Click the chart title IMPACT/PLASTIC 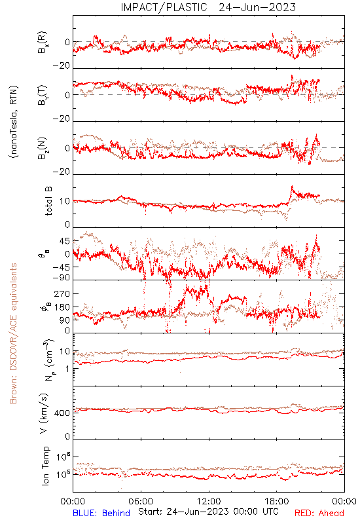tap(164, 7)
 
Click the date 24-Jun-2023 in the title tap(257, 7)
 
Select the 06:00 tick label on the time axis tap(141, 501)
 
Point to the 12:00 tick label tap(209, 501)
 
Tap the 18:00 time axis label tap(277, 501)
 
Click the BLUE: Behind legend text tap(101, 513)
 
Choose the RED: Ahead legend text tap(319, 513)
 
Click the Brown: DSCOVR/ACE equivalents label tap(13, 333)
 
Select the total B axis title tap(48, 201)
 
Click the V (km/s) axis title tap(44, 413)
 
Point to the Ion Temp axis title tap(45, 466)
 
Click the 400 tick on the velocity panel tap(62, 413)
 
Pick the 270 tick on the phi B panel tap(62, 293)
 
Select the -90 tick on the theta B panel tap(62, 278)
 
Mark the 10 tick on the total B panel tap(65, 201)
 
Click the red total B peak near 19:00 tap(292, 187)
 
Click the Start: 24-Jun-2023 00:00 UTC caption tap(208, 512)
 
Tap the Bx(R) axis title tap(43, 43)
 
